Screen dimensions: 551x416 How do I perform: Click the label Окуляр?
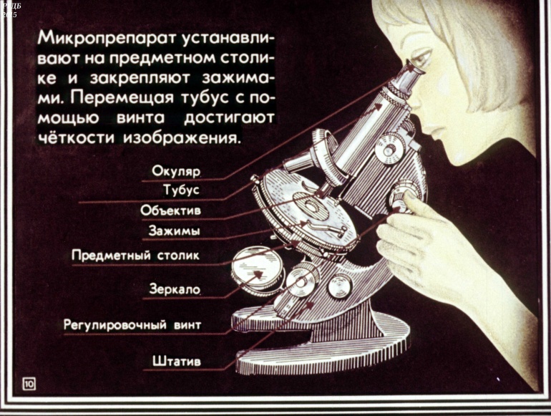coord(176,172)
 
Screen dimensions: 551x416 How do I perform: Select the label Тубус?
coord(181,190)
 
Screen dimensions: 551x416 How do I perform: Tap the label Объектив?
coord(170,211)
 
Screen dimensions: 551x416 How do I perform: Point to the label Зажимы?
coord(175,231)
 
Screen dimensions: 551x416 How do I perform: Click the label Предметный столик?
coord(136,256)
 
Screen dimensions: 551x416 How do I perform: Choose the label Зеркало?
coord(175,289)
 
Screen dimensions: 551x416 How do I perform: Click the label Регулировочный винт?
coord(132,324)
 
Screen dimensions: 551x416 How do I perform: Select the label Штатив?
coord(177,361)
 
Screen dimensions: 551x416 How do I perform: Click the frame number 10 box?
coord(29,384)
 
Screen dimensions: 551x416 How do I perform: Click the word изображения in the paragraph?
coord(182,137)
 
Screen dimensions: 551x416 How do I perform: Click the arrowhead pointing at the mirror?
coord(258,274)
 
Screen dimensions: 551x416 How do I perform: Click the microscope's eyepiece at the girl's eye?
coord(408,77)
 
